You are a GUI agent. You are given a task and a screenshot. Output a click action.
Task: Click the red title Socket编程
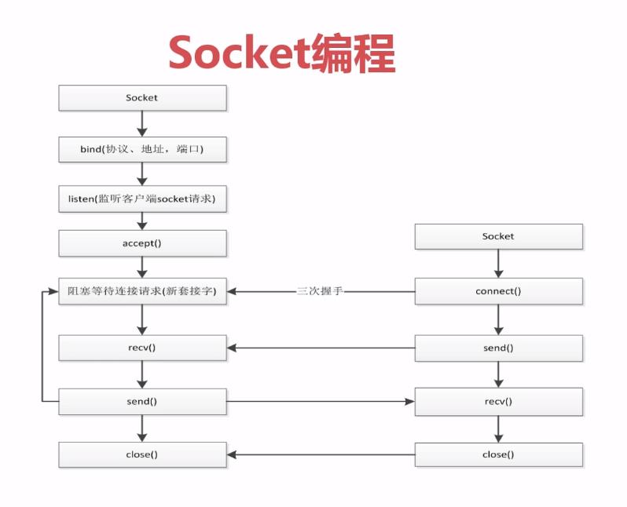tap(281, 53)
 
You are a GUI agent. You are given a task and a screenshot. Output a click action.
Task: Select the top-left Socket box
tap(142, 98)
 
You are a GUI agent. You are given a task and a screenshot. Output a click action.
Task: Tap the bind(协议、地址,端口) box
tap(142, 149)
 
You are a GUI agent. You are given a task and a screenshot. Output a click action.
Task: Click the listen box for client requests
tap(142, 199)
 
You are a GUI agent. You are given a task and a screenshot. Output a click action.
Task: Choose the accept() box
tap(142, 243)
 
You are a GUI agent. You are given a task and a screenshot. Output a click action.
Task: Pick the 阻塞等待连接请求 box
tap(142, 291)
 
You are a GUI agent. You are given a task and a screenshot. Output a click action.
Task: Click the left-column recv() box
tap(142, 347)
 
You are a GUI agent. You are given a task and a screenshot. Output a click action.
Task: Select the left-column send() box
tap(142, 402)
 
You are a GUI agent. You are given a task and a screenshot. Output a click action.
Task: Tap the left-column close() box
tap(142, 455)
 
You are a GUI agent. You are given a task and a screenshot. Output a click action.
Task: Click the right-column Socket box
tap(498, 236)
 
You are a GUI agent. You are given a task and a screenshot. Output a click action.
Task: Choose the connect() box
tap(498, 291)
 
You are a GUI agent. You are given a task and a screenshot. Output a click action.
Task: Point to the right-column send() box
tap(498, 348)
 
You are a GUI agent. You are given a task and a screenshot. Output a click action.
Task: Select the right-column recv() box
tap(498, 402)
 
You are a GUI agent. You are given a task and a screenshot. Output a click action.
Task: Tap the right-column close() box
tap(498, 455)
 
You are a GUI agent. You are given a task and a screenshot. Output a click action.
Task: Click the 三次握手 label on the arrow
tap(321, 291)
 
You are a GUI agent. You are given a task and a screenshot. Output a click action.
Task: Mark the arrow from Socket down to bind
tap(142, 123)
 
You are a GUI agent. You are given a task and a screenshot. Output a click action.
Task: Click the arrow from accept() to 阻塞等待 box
tap(142, 267)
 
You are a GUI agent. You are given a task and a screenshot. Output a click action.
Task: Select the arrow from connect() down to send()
tap(498, 319)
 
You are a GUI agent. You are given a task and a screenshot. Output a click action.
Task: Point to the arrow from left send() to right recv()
tap(321, 402)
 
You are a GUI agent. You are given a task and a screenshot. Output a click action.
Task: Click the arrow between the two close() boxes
tap(321, 455)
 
